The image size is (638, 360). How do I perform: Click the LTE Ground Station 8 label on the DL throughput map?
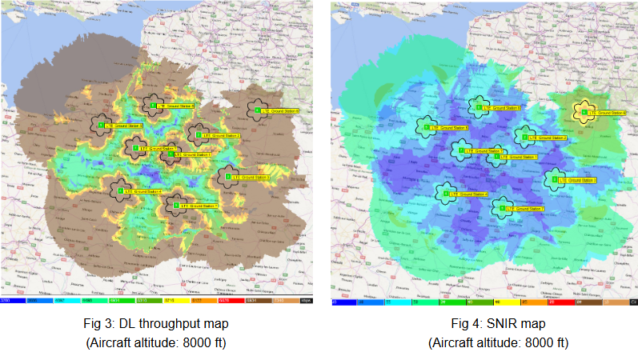[x=279, y=111]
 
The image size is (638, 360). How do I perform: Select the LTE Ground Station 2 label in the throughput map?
[x=222, y=136]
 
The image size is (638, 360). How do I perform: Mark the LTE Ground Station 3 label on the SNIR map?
[x=576, y=180]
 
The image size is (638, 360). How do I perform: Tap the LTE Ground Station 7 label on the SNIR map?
[x=525, y=209]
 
